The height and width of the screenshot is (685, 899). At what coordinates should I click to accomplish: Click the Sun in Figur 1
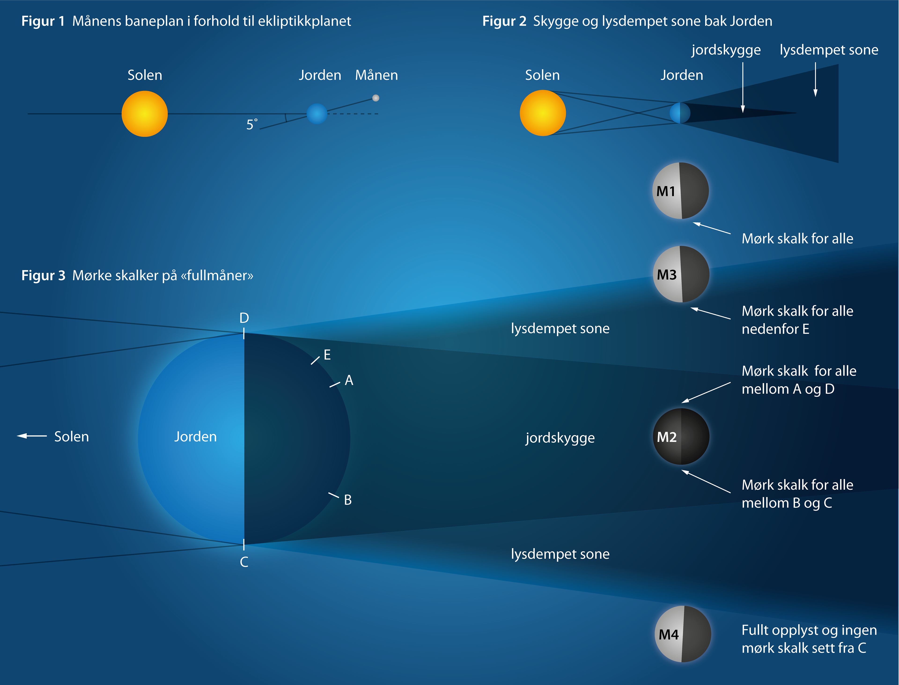(144, 114)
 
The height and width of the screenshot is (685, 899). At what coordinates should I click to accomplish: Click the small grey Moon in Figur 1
(376, 98)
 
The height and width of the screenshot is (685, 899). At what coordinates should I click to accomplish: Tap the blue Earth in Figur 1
(317, 114)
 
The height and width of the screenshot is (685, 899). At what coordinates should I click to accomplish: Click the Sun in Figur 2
(543, 113)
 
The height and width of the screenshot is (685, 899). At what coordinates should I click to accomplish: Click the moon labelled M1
(681, 191)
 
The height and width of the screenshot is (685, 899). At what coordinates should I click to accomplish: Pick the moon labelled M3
(681, 274)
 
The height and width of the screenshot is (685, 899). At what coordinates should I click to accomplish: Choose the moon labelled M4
(683, 634)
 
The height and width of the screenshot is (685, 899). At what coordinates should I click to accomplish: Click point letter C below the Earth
(244, 562)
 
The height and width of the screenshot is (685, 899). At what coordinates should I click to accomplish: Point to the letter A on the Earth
(349, 381)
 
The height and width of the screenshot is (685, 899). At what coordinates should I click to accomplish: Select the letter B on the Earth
(348, 500)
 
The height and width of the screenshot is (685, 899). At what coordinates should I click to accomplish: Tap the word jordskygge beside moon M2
(560, 438)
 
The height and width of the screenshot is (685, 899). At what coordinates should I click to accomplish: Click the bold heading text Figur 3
(43, 276)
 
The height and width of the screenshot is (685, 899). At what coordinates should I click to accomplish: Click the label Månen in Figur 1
(376, 75)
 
